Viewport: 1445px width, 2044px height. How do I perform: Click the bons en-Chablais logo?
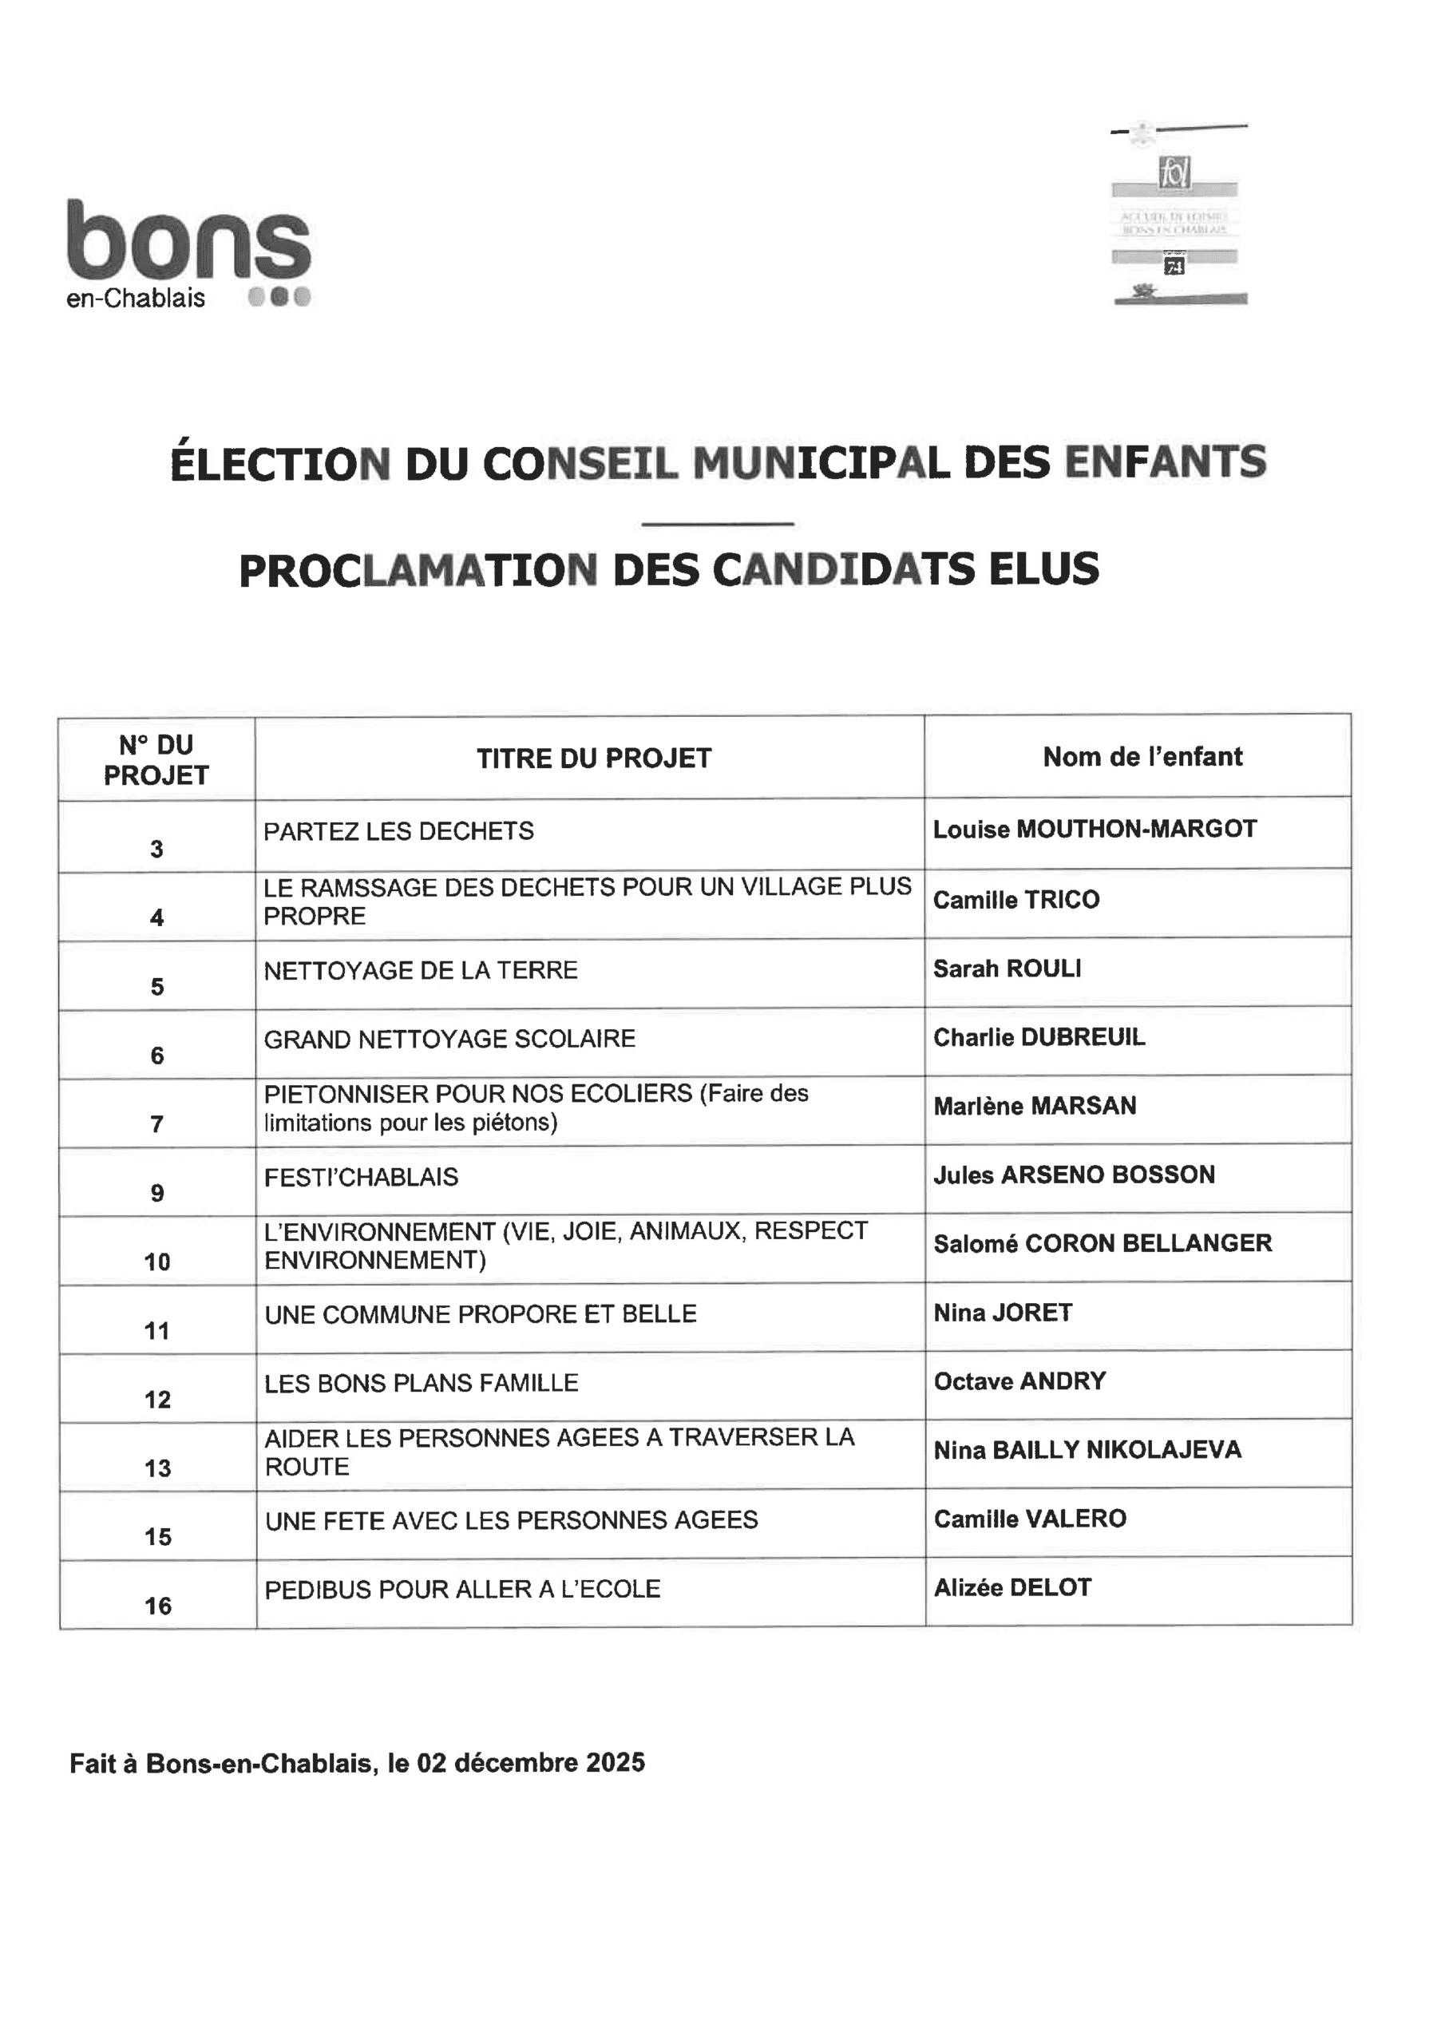(x=188, y=253)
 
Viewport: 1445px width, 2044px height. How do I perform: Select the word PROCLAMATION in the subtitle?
(x=418, y=570)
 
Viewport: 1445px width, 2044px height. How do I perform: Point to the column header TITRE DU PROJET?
(x=594, y=759)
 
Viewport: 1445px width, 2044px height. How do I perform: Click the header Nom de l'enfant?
(x=1142, y=757)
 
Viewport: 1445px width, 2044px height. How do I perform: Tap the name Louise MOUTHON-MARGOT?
(x=1095, y=829)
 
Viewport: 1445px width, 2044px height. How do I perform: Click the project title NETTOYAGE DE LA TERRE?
(x=420, y=969)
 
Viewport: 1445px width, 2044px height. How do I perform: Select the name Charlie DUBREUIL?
(x=1039, y=1037)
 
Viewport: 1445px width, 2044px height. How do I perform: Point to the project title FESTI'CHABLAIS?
(x=361, y=1177)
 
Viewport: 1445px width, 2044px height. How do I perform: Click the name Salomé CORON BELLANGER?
(x=1103, y=1244)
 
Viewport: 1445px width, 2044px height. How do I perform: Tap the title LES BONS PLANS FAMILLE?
(x=421, y=1383)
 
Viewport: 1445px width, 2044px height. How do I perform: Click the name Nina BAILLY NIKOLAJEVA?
(x=1087, y=1450)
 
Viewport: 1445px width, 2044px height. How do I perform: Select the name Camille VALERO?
(x=1030, y=1519)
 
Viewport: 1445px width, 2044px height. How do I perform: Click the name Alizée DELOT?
(x=1012, y=1587)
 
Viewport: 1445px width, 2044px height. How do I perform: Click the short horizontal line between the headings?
(x=717, y=524)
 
